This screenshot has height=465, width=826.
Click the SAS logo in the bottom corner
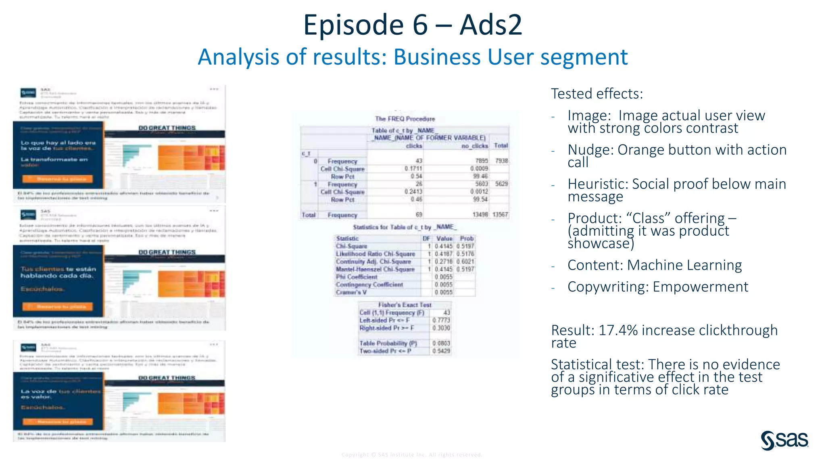pyautogui.click(x=784, y=440)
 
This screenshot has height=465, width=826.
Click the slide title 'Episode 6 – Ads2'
pyautogui.click(x=413, y=25)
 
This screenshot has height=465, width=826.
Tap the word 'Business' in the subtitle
pyautogui.click(x=438, y=57)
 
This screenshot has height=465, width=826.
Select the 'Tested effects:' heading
pyautogui.click(x=597, y=94)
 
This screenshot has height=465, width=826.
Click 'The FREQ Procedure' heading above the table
pyautogui.click(x=405, y=119)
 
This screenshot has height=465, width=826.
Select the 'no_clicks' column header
pyautogui.click(x=474, y=146)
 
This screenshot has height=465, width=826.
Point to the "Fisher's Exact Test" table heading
pyautogui.click(x=405, y=305)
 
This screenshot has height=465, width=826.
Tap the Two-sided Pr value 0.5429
pyautogui.click(x=441, y=351)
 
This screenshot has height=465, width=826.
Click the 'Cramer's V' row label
pyautogui.click(x=351, y=292)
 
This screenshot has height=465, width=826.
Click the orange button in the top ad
pyautogui.click(x=58, y=179)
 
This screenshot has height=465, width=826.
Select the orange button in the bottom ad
pyautogui.click(x=58, y=422)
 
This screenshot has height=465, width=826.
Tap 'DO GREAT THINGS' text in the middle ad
pyautogui.click(x=167, y=252)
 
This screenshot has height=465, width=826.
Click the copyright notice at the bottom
pyautogui.click(x=412, y=455)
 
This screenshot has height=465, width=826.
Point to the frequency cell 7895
pyautogui.click(x=481, y=161)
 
